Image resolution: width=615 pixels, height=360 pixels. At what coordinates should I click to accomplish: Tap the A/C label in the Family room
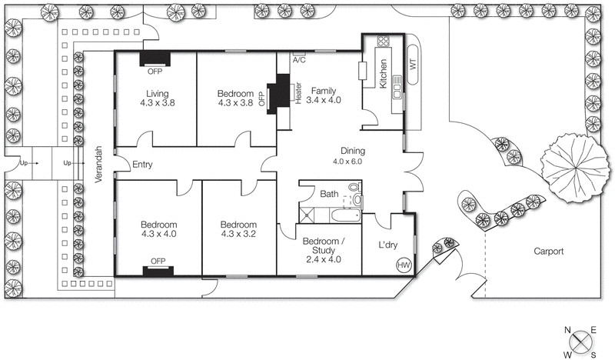click(298, 58)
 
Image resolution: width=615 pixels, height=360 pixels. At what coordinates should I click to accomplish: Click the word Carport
click(550, 252)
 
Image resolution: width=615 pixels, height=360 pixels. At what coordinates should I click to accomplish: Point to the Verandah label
click(98, 163)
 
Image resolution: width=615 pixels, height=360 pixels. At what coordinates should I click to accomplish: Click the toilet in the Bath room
click(354, 187)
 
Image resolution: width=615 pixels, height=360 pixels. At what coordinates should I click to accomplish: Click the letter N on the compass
click(568, 330)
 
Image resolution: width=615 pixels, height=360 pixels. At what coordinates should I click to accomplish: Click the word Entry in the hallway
click(143, 165)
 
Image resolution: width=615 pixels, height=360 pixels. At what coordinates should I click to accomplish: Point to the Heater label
click(298, 92)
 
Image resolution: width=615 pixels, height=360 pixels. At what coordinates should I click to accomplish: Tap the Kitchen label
click(381, 74)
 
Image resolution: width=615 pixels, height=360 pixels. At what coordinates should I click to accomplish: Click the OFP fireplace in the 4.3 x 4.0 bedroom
click(158, 270)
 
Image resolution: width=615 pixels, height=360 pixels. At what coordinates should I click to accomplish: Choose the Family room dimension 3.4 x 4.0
click(323, 100)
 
